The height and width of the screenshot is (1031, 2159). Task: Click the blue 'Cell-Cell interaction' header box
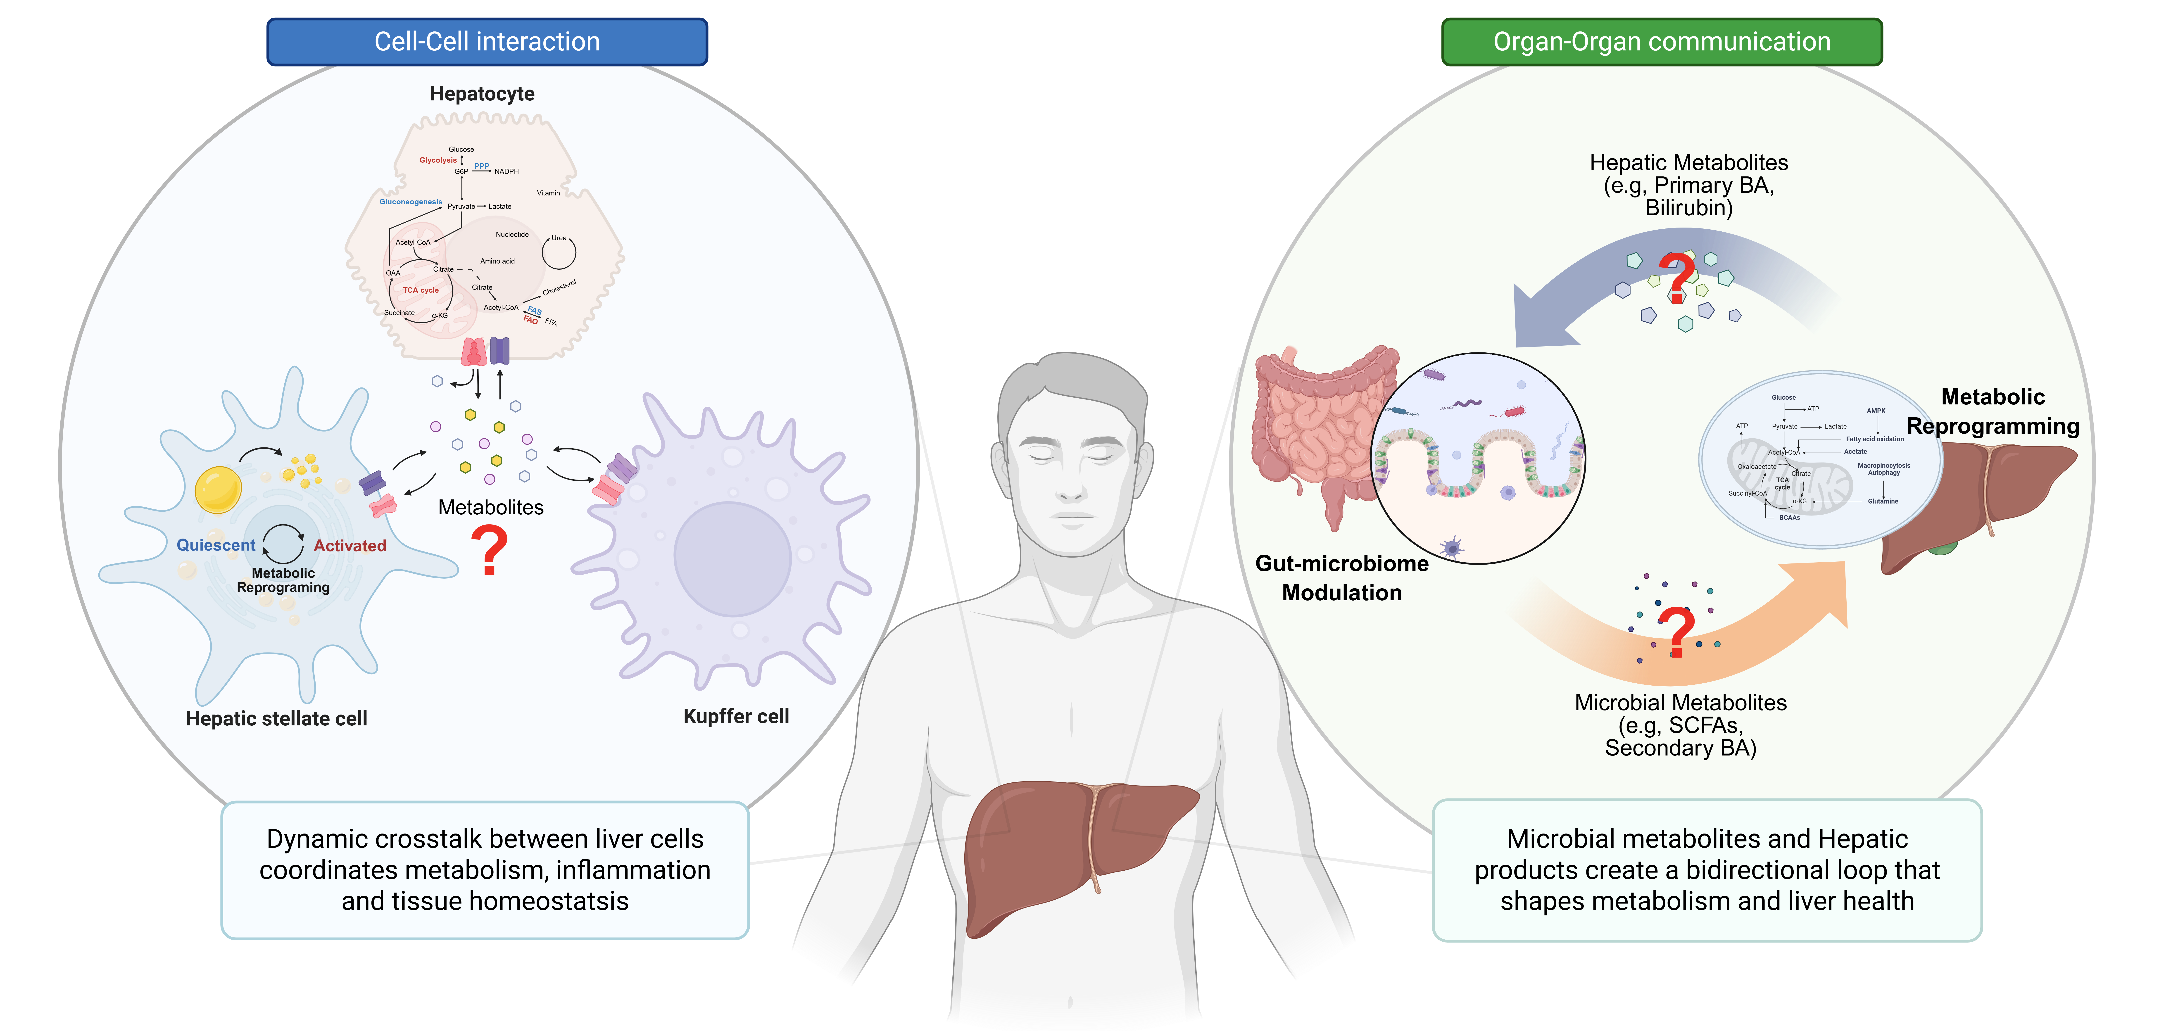point(487,42)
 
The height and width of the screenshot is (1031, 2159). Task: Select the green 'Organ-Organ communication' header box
point(1662,42)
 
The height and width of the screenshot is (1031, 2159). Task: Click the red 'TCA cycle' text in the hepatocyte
point(421,290)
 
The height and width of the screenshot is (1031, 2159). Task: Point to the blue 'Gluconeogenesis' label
point(411,202)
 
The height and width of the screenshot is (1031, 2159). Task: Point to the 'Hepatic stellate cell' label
point(277,718)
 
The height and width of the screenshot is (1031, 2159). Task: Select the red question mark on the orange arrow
point(1676,633)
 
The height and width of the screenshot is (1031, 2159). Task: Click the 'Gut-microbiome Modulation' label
point(1342,577)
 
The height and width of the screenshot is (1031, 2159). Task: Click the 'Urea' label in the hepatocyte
point(559,238)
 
